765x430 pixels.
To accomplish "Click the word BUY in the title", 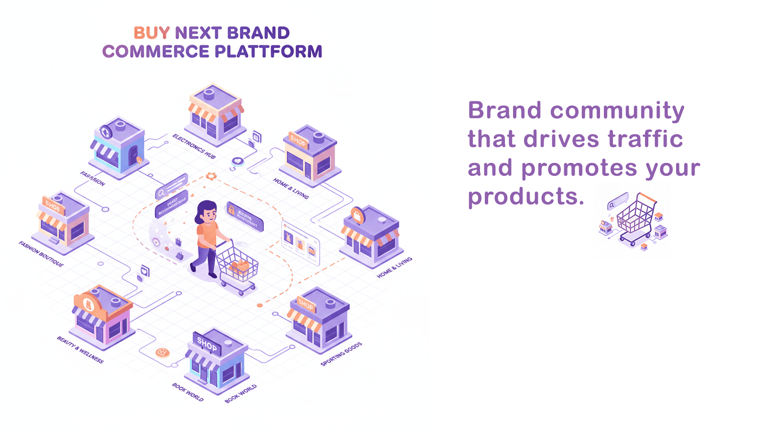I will (152, 33).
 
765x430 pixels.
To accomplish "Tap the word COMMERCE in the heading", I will (156, 52).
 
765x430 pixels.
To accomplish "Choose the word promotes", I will (579, 168).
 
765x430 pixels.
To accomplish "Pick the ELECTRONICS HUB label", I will (194, 146).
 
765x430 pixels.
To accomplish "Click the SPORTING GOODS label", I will (341, 354).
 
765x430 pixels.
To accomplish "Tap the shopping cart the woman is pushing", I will (237, 266).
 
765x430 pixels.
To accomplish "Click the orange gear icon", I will (211, 176).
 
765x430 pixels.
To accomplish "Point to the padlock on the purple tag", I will (231, 209).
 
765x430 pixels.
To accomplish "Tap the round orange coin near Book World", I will (163, 353).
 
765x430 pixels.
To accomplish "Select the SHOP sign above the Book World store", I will (207, 344).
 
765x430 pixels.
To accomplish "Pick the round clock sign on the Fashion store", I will (106, 132).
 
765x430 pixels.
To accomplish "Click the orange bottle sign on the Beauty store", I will (88, 304).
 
